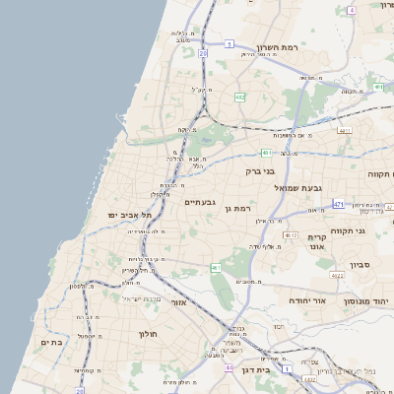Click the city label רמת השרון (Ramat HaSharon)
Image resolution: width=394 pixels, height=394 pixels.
click(278, 47)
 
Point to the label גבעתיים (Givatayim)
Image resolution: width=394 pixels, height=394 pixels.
click(200, 202)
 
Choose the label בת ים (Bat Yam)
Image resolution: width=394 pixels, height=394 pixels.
click(51, 342)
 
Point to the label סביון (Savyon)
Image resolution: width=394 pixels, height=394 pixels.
click(359, 264)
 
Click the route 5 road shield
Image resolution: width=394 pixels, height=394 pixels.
click(230, 44)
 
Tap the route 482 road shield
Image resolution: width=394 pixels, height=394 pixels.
click(240, 97)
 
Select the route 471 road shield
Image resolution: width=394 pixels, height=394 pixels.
click(338, 204)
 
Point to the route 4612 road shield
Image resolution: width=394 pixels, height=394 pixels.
click(290, 235)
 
